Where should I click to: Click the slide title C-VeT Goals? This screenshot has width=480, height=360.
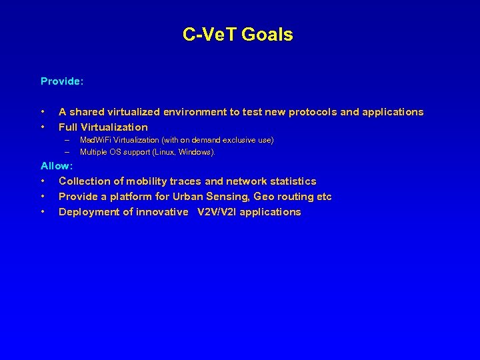(x=238, y=35)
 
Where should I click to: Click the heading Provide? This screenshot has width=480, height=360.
(x=62, y=81)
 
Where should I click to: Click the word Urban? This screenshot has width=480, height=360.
(x=191, y=197)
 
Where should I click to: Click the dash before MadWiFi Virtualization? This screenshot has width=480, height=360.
(x=67, y=141)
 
